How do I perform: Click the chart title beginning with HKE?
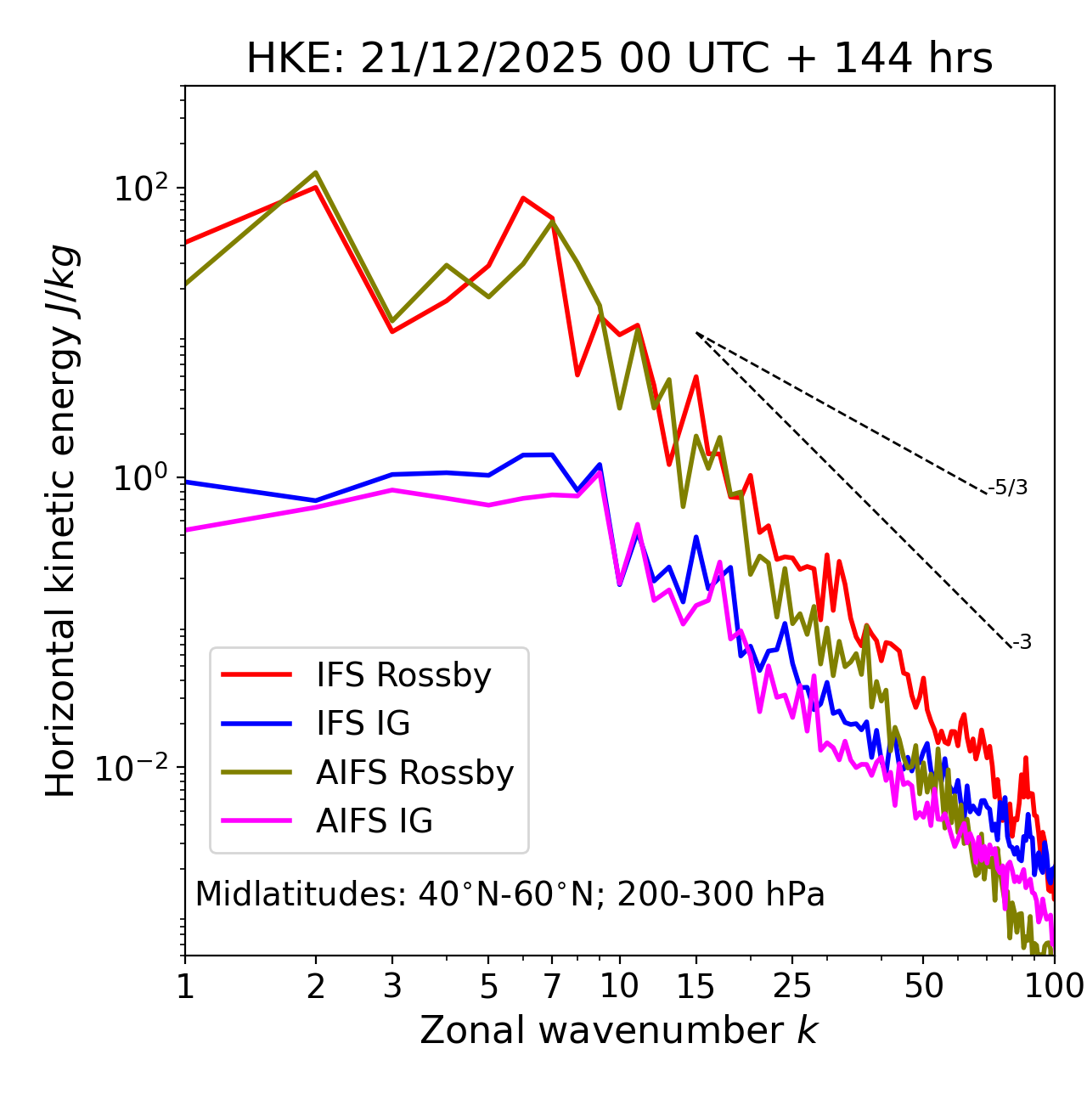coord(619,59)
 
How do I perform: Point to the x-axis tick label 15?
coord(696,985)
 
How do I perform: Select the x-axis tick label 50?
coord(923,985)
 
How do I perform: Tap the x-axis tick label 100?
coord(1054,985)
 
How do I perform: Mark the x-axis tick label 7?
coord(552,985)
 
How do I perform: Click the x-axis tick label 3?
coord(392,985)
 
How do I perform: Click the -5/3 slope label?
coord(1008,488)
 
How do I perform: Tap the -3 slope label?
coord(1022,643)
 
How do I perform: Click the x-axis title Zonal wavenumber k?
coord(619,1030)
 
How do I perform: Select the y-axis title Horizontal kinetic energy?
coord(61,520)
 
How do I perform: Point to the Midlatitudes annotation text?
coord(510,894)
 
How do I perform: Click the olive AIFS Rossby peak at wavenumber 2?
coord(316,172)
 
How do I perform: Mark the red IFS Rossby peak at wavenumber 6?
coord(523,198)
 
